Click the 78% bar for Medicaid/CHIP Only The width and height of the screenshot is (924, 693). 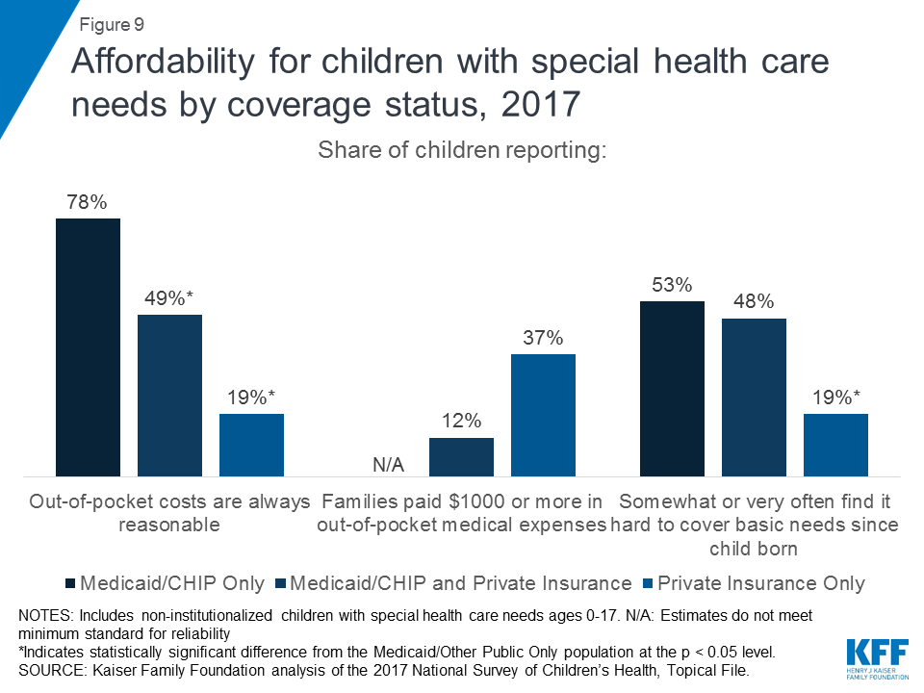click(88, 347)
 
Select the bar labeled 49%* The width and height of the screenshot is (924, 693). click(169, 396)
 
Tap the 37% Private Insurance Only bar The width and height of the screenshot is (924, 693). click(543, 415)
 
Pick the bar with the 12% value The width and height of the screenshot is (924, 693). click(461, 457)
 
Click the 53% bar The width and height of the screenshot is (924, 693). click(672, 389)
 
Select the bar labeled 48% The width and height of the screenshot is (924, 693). click(754, 398)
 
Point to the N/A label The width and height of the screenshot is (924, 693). click(388, 466)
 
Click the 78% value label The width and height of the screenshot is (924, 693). click(87, 203)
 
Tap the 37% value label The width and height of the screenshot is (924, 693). click(543, 339)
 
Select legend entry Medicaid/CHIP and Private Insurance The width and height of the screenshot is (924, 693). click(452, 583)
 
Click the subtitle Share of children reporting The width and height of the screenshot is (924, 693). click(461, 152)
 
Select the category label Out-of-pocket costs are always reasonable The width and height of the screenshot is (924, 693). click(169, 513)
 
